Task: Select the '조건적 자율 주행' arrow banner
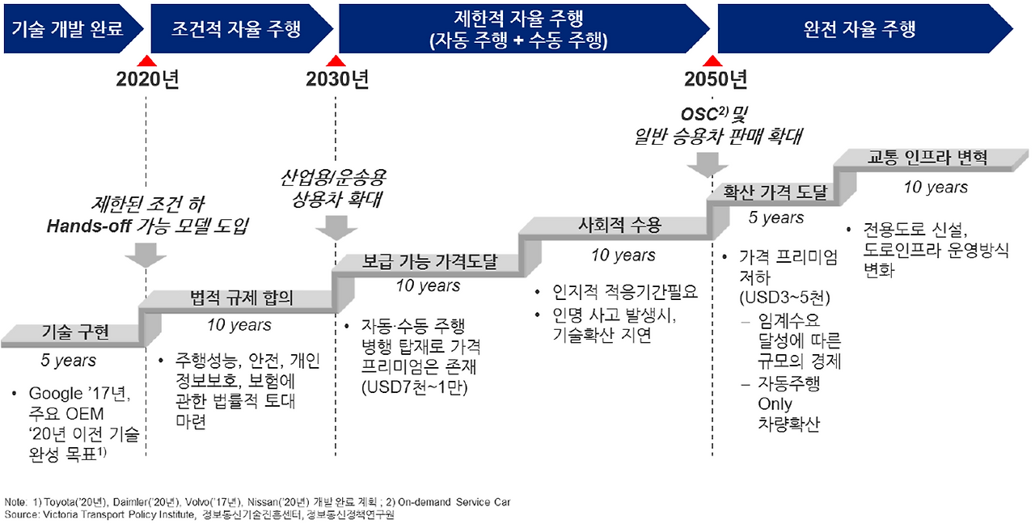click(236, 30)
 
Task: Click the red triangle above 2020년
click(146, 61)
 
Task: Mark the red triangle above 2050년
click(712, 61)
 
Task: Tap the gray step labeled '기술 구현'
click(74, 332)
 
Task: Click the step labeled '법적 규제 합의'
click(240, 298)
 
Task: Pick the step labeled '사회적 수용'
click(620, 226)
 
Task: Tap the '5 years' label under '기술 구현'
click(69, 361)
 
